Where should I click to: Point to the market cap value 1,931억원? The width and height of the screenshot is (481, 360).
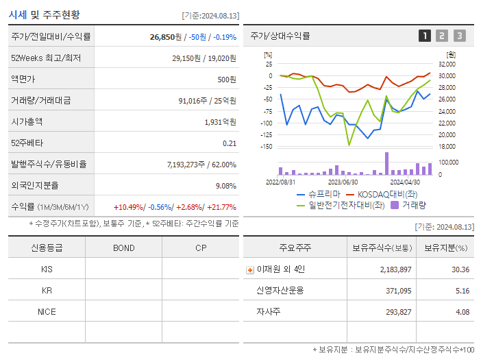pyautogui.click(x=220, y=121)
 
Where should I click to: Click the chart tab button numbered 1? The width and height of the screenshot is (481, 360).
pyautogui.click(x=425, y=36)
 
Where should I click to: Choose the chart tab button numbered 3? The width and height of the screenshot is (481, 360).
pyautogui.click(x=459, y=36)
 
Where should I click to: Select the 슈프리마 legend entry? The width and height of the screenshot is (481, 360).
pyautogui.click(x=319, y=194)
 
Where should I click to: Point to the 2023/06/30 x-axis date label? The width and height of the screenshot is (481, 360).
pyautogui.click(x=343, y=182)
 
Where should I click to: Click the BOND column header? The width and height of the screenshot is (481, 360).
pyautogui.click(x=123, y=248)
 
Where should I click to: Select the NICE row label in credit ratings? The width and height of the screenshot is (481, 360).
pyautogui.click(x=47, y=311)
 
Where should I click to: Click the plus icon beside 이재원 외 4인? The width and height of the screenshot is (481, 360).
pyautogui.click(x=249, y=269)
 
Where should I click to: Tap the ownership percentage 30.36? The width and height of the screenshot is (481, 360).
pyautogui.click(x=460, y=269)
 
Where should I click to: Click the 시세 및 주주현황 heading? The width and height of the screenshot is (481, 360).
pyautogui.click(x=44, y=14)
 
